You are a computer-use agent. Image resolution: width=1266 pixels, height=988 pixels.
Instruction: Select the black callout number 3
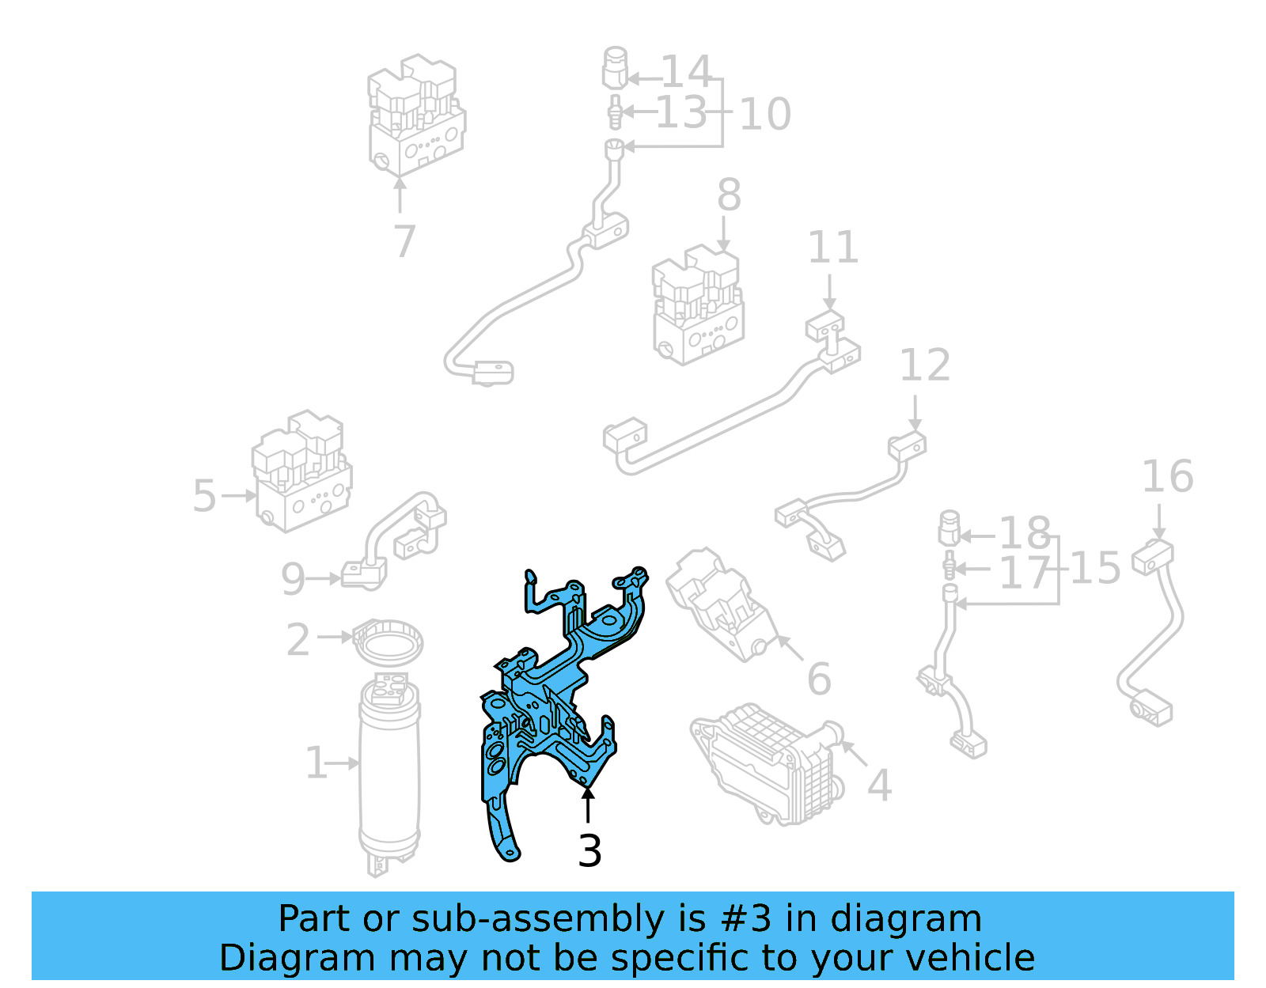pyautogui.click(x=589, y=851)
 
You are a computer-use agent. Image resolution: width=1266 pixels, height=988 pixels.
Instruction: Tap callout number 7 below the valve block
pyautogui.click(x=404, y=241)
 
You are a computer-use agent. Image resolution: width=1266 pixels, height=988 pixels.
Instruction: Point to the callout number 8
pyautogui.click(x=729, y=195)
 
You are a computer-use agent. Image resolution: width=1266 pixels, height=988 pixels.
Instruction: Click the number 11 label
pyautogui.click(x=832, y=248)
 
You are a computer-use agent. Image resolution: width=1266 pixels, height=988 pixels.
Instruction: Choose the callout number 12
pyautogui.click(x=924, y=365)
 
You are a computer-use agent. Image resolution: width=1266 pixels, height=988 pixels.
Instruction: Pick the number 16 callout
pyautogui.click(x=1167, y=477)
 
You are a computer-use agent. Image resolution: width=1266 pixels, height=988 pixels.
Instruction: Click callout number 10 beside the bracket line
pyautogui.click(x=764, y=115)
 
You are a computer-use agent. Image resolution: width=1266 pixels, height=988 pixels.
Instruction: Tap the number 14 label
pyautogui.click(x=686, y=72)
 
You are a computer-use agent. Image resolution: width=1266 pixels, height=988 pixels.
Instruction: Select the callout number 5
pyautogui.click(x=204, y=496)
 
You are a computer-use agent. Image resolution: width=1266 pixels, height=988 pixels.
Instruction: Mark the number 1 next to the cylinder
pyautogui.click(x=316, y=763)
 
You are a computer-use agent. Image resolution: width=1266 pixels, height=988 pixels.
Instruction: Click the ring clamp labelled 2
pyautogui.click(x=388, y=641)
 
